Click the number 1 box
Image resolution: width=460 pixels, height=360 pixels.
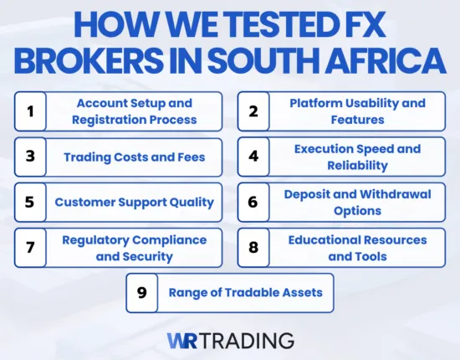pos(30,111)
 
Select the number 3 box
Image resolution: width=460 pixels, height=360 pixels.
pos(30,157)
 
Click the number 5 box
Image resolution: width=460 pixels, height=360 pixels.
pos(30,202)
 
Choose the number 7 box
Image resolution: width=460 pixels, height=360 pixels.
pos(30,248)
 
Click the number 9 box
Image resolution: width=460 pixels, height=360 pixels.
pos(141,293)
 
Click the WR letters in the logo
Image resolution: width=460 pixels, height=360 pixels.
pos(183,340)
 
